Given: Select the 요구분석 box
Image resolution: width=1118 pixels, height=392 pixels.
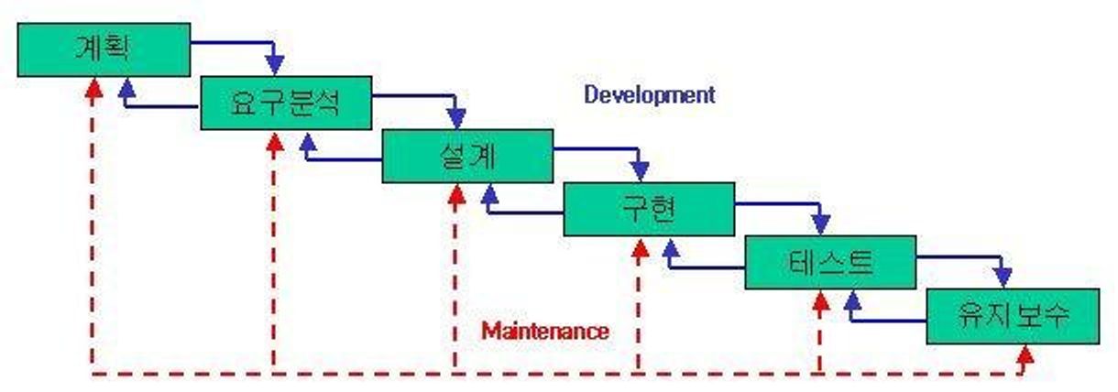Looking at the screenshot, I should [286, 103].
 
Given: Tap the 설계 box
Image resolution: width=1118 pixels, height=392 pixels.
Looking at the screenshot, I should [467, 157].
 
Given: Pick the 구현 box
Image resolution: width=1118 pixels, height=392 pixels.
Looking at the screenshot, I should [648, 210].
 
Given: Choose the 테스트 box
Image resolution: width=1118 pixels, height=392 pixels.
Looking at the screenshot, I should [829, 263].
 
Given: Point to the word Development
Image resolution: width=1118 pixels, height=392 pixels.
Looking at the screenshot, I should [650, 94].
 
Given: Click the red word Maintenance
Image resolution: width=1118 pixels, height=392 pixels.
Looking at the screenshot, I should [545, 331].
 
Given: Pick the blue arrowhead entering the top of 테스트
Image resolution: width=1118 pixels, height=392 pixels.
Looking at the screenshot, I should [820, 225].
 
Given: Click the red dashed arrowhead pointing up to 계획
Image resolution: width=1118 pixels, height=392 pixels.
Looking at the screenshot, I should [91, 87].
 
